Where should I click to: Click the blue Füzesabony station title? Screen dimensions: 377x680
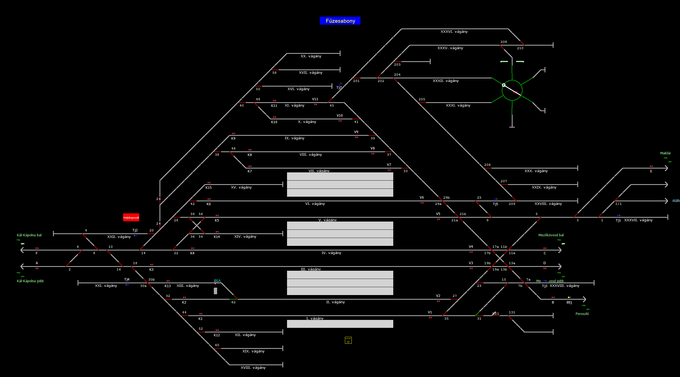[x=340, y=21]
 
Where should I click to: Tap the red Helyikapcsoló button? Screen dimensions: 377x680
[x=131, y=217]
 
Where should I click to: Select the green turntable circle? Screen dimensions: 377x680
[x=512, y=90]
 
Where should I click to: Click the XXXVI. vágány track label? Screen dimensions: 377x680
[x=454, y=32]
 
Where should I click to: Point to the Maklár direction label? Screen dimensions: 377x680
[x=665, y=153]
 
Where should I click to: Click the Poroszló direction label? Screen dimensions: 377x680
[x=582, y=314]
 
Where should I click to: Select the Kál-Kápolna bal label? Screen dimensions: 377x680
[x=29, y=235]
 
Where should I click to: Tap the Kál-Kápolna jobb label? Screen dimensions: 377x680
[x=30, y=281]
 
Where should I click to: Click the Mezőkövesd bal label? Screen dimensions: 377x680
[x=551, y=235]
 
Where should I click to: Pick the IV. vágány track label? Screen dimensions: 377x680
[x=331, y=253]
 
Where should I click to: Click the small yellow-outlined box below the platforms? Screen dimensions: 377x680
[x=348, y=340]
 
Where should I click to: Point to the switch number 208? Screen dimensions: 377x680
[x=504, y=42]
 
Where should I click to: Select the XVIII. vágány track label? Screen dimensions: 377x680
[x=253, y=368]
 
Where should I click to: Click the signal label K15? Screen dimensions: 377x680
[x=208, y=188]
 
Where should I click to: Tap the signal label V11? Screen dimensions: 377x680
[x=315, y=99]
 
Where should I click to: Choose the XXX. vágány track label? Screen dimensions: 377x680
[x=536, y=171]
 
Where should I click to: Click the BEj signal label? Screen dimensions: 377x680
[x=569, y=302]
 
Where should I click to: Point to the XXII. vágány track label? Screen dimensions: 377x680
[x=119, y=237]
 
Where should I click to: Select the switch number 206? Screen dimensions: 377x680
[x=487, y=165]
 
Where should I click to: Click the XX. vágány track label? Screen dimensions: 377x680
[x=311, y=56]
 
